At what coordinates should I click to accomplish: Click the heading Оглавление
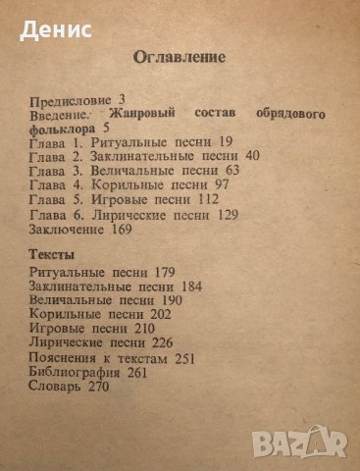point(181,58)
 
